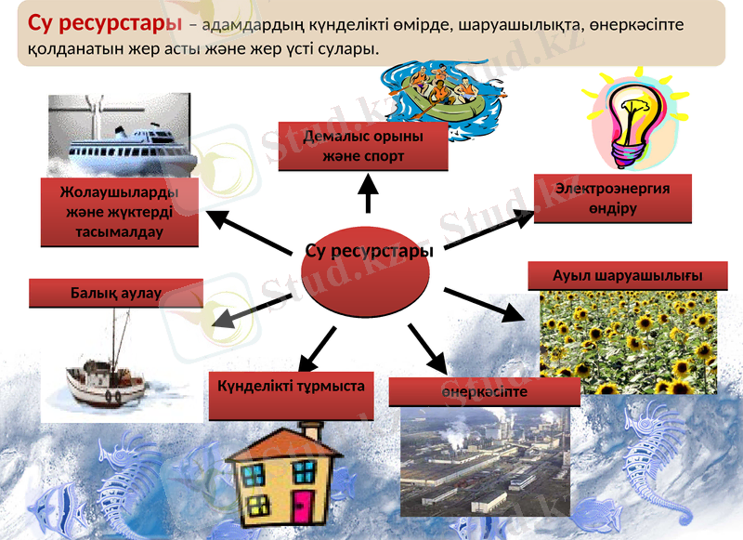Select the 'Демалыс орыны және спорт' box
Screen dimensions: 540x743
[363, 147]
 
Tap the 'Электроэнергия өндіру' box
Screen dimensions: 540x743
[612, 198]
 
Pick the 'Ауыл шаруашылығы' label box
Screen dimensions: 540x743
[628, 276]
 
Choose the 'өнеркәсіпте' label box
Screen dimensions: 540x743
[484, 391]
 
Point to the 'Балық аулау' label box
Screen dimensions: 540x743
[116, 293]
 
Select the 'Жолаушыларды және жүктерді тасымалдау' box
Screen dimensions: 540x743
[120, 212]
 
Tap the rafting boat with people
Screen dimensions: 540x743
[446, 91]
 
